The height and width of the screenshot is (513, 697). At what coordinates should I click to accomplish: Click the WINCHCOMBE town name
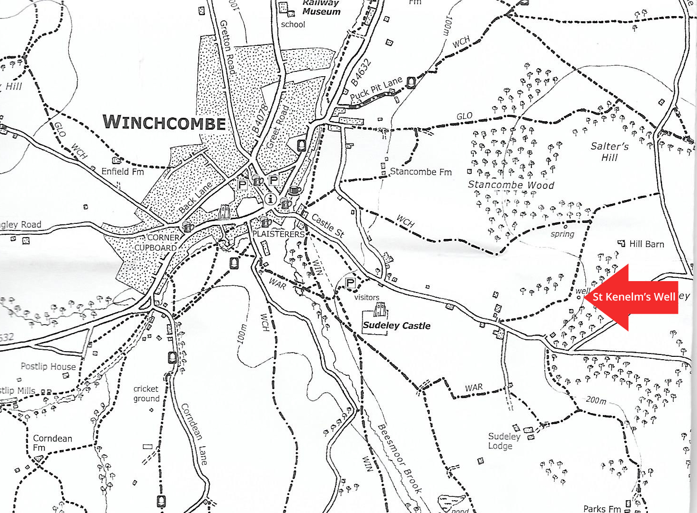pos(164,123)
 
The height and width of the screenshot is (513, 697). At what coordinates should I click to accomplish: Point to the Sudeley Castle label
pos(397,326)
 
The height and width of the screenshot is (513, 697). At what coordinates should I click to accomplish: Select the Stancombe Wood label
pos(511,185)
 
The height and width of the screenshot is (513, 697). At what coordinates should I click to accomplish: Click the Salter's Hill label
pos(609,152)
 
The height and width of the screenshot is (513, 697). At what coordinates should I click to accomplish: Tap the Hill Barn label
pos(646,244)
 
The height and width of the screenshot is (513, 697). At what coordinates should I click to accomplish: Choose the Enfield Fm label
pos(123,171)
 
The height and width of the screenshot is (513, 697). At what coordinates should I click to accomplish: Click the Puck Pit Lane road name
pos(376,89)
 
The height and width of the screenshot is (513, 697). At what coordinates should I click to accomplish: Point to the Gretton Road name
pos(228,47)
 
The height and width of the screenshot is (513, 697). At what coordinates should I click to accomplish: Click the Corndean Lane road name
pos(194,434)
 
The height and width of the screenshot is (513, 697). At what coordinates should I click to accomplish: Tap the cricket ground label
pos(146,394)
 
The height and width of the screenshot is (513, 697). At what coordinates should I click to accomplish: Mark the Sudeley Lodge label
pos(504,441)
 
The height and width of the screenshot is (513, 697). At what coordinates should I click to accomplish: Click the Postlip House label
pos(48,366)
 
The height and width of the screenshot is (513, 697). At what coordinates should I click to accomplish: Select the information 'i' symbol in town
pos(270,199)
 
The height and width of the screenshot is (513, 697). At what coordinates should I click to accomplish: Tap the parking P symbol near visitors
pos(350,283)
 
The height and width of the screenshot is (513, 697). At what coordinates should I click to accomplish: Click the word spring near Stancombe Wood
pos(562,234)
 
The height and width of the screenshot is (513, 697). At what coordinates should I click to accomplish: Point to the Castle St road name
pos(327,225)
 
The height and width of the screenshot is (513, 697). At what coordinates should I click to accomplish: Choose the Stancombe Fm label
pos(421,172)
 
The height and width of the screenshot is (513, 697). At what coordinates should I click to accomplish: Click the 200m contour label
pos(596,400)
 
